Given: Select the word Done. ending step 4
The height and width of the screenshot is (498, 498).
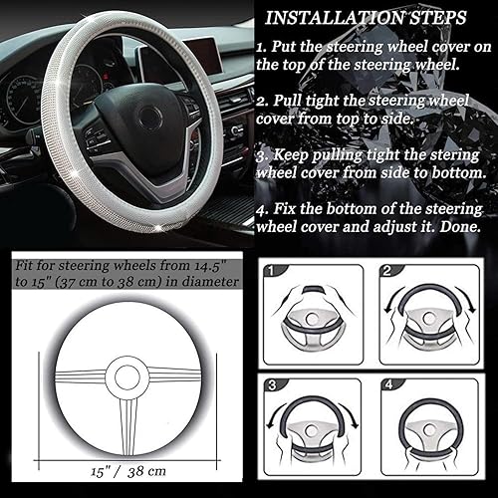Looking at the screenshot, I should point(462,226).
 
